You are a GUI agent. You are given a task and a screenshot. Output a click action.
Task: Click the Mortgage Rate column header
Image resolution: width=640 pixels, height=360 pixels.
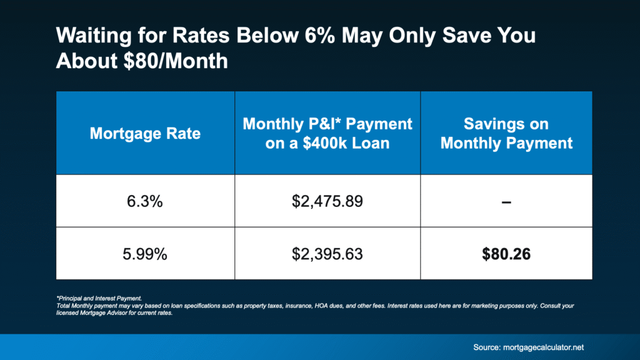(145, 133)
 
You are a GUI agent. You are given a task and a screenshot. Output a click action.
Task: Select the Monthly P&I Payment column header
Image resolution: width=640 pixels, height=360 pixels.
(327, 133)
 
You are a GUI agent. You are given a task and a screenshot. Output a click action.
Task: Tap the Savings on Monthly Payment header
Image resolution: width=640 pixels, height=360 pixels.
(506, 133)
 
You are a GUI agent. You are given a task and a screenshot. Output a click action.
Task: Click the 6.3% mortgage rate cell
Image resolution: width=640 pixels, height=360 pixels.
(145, 201)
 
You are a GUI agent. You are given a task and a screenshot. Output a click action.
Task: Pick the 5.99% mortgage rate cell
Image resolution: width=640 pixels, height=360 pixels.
(145, 253)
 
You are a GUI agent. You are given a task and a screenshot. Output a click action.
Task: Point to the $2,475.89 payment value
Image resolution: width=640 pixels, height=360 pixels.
(327, 201)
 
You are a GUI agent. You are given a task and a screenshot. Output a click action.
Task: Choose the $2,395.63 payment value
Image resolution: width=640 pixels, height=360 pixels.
(327, 253)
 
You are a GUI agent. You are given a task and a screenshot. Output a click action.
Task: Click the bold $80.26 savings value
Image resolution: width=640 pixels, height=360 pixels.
(506, 253)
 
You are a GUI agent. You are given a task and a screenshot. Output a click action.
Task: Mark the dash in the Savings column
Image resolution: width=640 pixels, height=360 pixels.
(506, 201)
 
